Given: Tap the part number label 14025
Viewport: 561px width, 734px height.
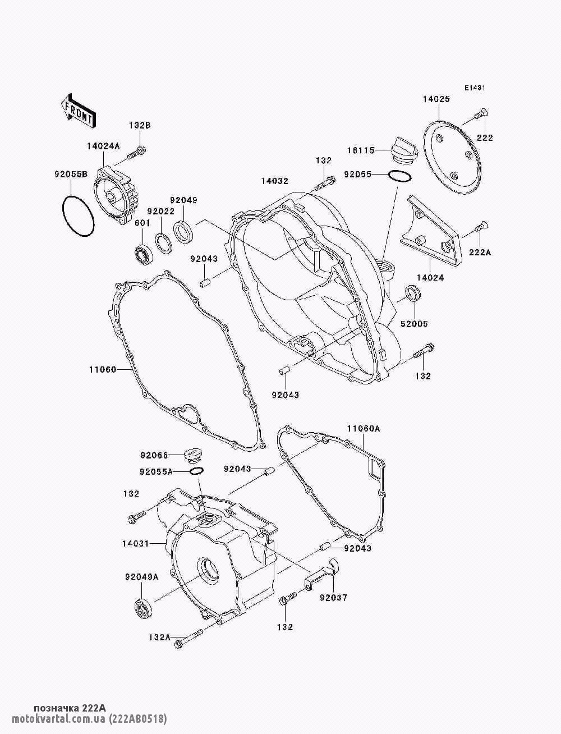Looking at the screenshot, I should point(452,99).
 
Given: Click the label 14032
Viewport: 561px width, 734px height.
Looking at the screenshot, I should point(274,181).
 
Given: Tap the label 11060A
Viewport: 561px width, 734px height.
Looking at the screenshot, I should point(363,429).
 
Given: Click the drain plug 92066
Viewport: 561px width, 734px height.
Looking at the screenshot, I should point(193,453).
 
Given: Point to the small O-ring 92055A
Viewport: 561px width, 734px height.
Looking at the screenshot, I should point(196,470).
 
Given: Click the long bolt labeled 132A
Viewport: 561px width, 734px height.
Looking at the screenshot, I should point(188,639).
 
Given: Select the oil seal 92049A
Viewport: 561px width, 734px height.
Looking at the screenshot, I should point(144,608).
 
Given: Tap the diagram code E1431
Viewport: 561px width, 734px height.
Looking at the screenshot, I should point(474,88).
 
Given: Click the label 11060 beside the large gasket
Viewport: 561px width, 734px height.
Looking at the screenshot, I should point(102,369).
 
